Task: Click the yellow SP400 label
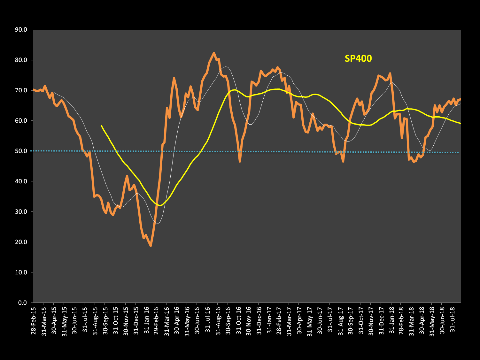[358, 58]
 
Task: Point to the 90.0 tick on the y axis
[21, 30]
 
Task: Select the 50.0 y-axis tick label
[21, 151]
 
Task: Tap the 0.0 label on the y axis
[22, 303]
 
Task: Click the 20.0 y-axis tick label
[21, 242]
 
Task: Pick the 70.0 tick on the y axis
[21, 90]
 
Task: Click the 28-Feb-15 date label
[34, 320]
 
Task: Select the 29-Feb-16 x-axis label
[157, 320]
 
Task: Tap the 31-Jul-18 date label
[453, 320]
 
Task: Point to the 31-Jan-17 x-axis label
[269, 320]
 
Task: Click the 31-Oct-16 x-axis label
[239, 320]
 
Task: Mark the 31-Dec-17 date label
[381, 320]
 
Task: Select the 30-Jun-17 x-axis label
[320, 320]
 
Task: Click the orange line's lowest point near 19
[151, 246]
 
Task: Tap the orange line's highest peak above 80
[214, 53]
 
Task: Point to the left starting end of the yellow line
[101, 126]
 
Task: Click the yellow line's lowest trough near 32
[160, 205]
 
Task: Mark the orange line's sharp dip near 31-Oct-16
[240, 161]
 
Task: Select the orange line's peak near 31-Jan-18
[390, 73]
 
